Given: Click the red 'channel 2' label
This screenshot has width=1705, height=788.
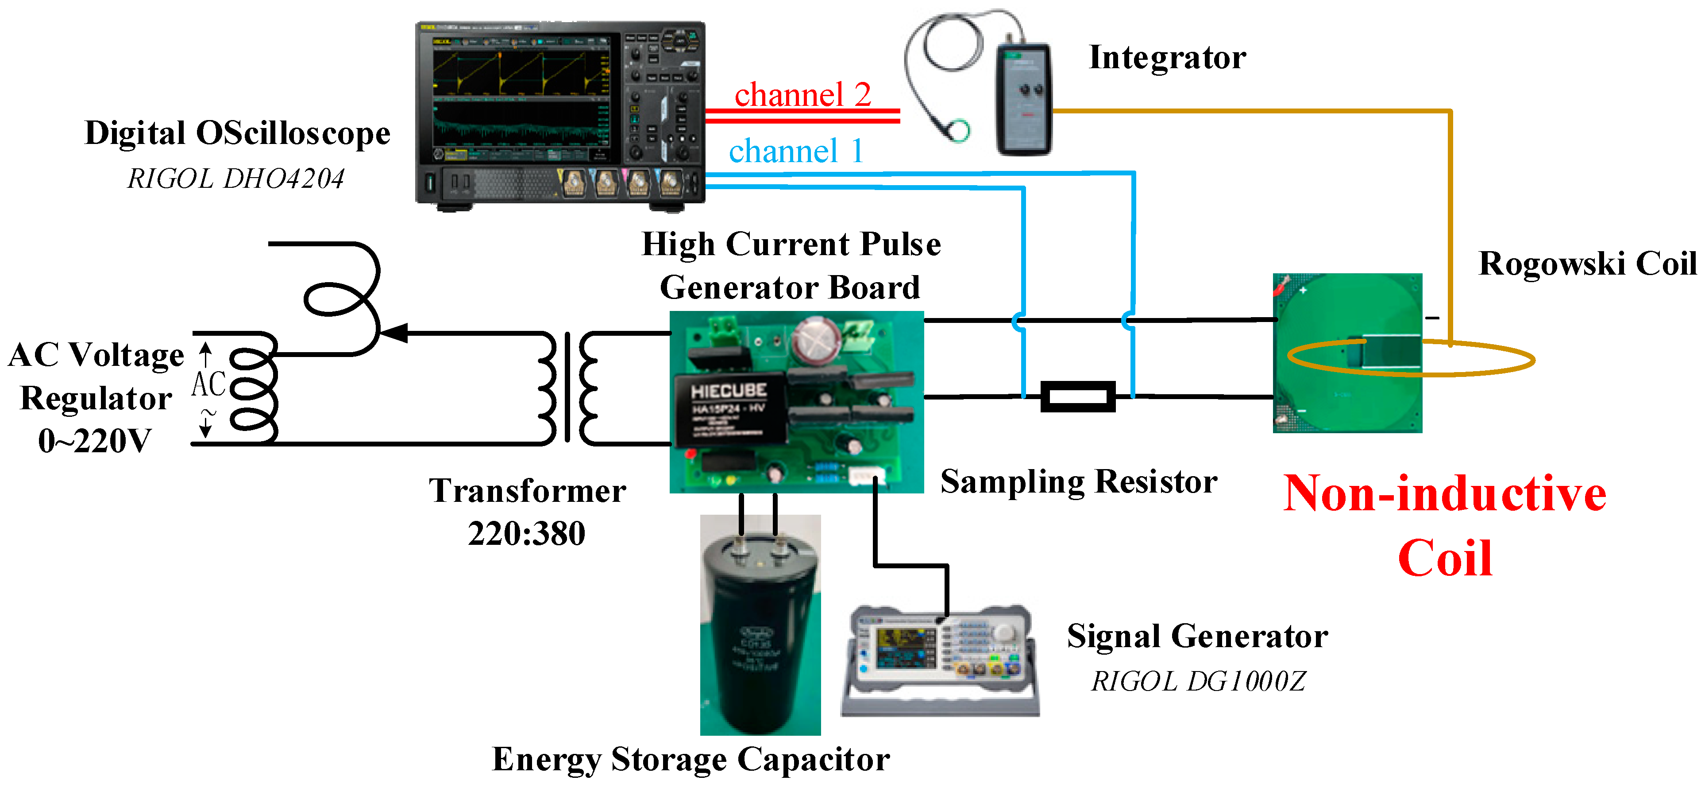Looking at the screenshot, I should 802,95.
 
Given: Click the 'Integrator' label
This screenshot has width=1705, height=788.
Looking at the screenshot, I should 1167,58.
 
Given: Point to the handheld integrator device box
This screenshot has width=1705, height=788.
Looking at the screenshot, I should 1024,99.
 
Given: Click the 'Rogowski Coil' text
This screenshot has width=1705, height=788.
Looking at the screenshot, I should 1587,264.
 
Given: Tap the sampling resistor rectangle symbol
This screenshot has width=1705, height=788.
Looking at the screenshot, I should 1077,396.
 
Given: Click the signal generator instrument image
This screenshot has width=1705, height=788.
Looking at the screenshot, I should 940,659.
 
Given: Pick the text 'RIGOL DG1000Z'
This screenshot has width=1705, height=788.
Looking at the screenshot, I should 1198,681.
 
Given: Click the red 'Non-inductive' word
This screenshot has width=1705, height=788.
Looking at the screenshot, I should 1444,494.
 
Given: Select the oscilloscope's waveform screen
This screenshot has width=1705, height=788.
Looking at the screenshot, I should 521,96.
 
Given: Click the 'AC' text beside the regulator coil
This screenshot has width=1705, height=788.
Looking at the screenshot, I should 208,384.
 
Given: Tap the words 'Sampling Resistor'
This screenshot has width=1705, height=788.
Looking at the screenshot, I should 1078,481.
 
